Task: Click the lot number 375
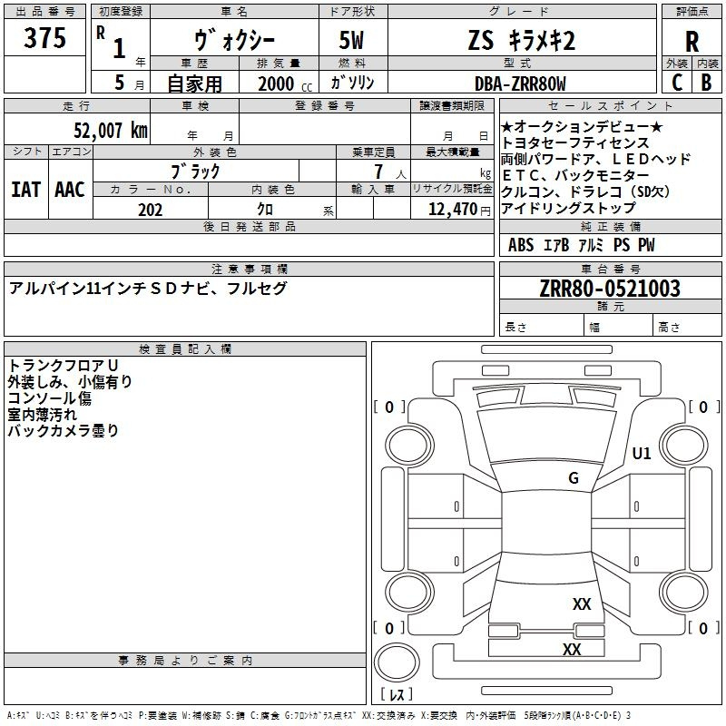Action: coord(44,37)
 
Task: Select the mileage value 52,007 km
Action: coord(111,131)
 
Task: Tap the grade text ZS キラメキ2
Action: coord(522,40)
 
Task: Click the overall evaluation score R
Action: coord(692,41)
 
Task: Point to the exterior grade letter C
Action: coord(677,83)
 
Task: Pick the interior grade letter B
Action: coord(706,83)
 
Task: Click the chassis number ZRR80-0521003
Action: coord(610,289)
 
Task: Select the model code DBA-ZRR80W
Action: coord(520,83)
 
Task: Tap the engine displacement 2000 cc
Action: coord(285,83)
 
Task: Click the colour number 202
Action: coord(150,210)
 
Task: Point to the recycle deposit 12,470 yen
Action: coord(459,210)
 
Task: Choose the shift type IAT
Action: coord(25,190)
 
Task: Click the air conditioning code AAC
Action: coord(70,190)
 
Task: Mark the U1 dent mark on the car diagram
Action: coord(642,453)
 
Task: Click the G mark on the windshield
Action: coord(574,478)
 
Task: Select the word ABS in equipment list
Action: coord(521,245)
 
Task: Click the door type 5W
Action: coord(351,40)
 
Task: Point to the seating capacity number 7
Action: coord(378,172)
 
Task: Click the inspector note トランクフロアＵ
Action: coord(63,366)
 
